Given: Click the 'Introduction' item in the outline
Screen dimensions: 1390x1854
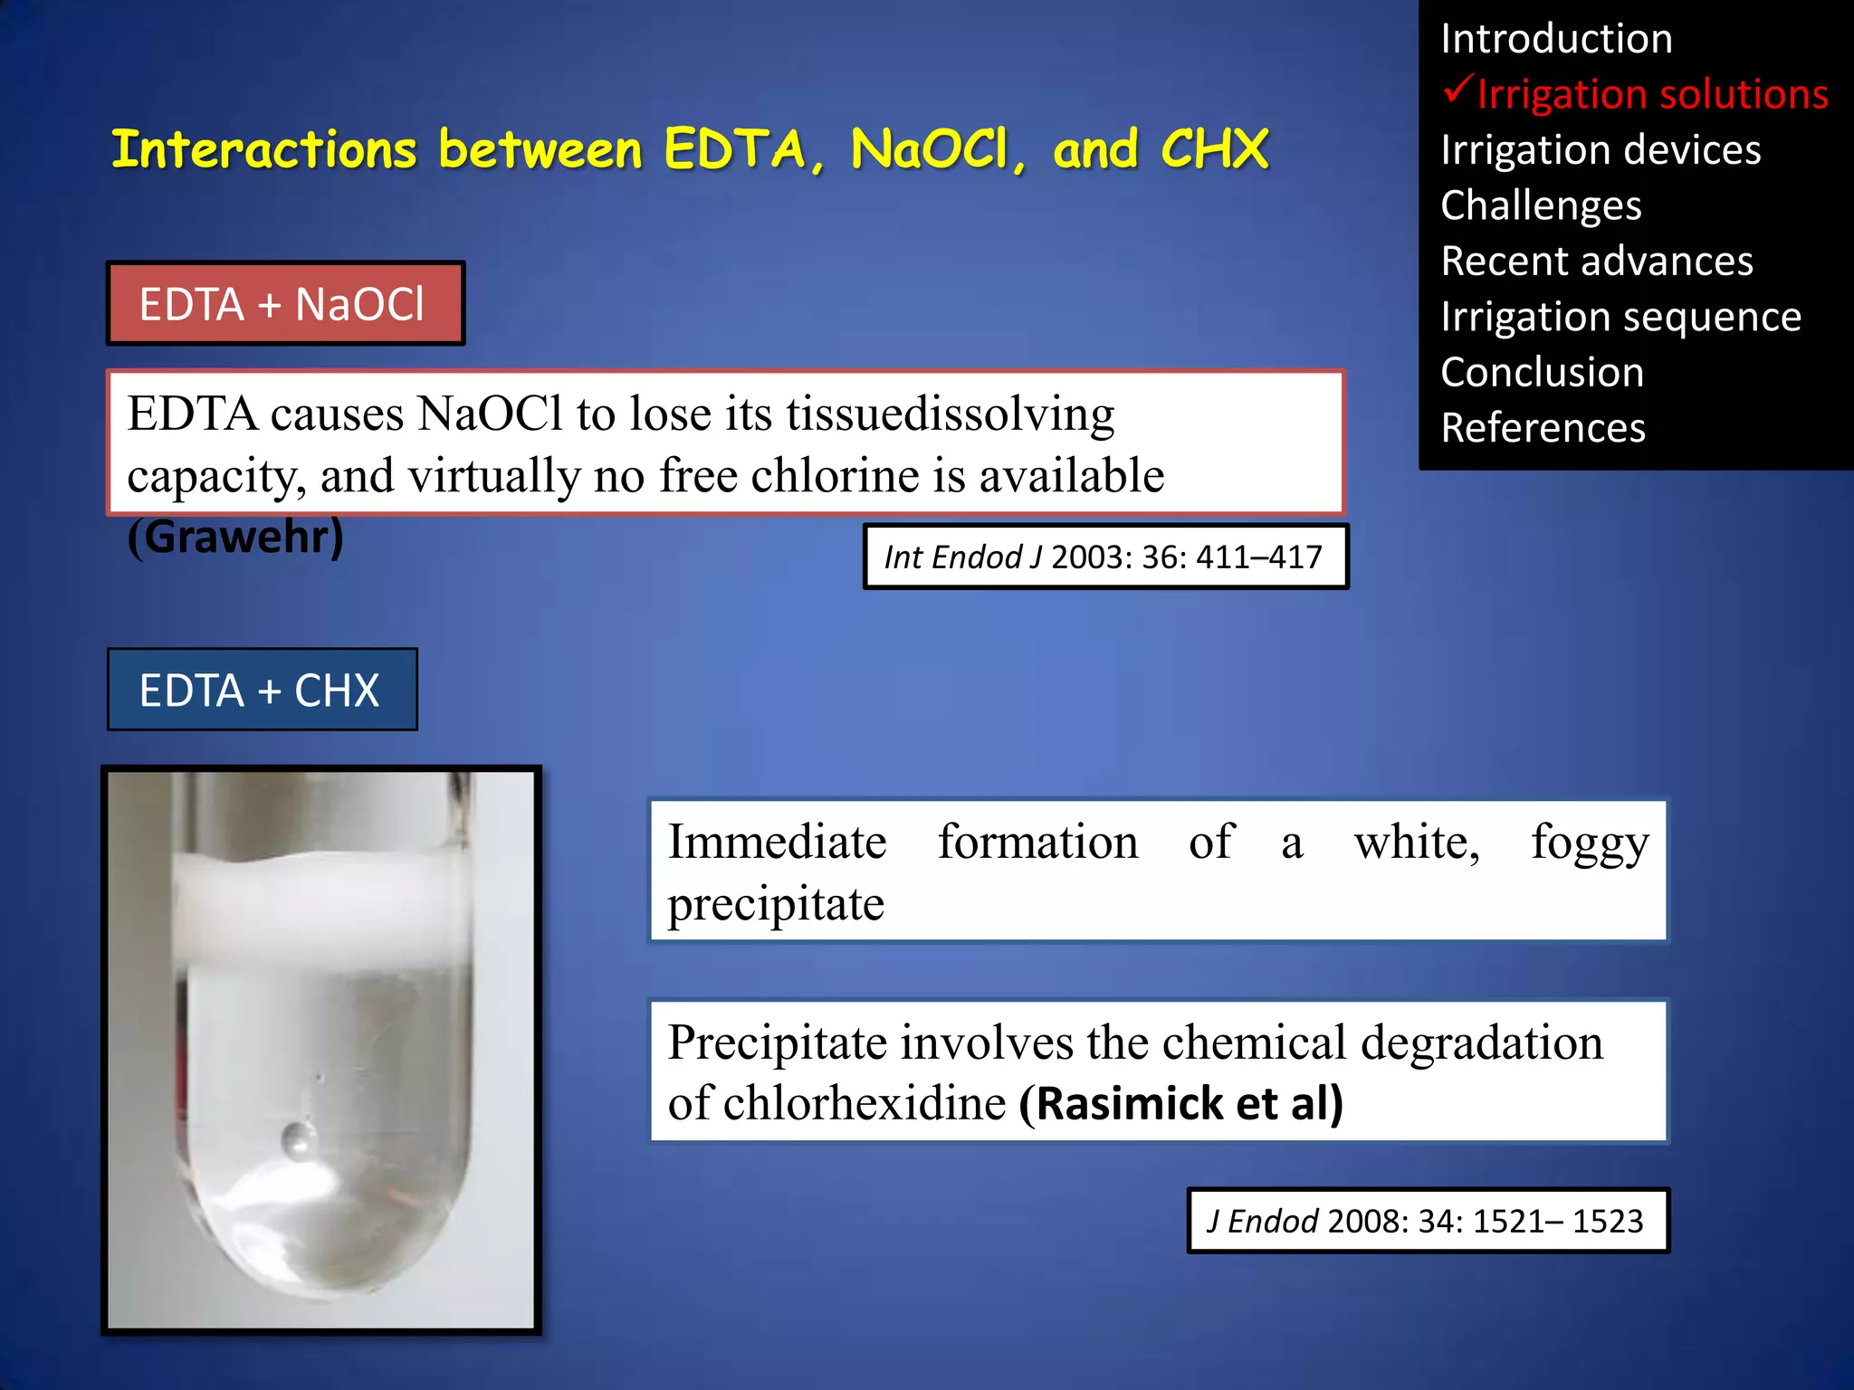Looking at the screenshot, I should pos(1556,39).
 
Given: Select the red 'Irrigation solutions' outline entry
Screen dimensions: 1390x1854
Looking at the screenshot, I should pos(1652,94).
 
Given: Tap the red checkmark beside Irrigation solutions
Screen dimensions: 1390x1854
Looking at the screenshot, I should pos(1457,90).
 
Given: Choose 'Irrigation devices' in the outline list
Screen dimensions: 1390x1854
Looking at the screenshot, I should pos(1601,150).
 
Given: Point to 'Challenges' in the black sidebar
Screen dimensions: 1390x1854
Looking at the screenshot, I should pos(1541,205).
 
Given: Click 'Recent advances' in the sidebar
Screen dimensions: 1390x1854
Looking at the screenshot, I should pos(1597,262).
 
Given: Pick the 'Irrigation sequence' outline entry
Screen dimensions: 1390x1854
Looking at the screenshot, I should pos(1620,317).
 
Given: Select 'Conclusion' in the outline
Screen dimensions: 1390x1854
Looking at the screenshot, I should pos(1542,372).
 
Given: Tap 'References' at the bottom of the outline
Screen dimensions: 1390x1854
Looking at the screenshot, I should pos(1543,428).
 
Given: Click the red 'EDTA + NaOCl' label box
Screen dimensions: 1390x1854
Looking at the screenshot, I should pos(285,304).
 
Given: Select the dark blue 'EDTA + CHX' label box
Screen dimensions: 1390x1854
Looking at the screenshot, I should pos(262,690).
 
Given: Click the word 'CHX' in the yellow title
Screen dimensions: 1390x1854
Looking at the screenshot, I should pos(1214,149).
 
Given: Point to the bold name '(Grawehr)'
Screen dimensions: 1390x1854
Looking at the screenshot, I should pos(235,537).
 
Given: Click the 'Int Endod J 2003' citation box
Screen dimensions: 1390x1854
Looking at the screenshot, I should pos(1104,557).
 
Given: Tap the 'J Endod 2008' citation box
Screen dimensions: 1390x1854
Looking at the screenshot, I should pos(1427,1221).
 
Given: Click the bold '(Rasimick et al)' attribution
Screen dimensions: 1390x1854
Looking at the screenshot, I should pos(1180,1103).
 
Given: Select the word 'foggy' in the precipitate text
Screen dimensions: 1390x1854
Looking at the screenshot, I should pos(1590,843).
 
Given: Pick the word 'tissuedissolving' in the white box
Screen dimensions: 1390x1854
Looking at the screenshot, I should pos(950,414).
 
